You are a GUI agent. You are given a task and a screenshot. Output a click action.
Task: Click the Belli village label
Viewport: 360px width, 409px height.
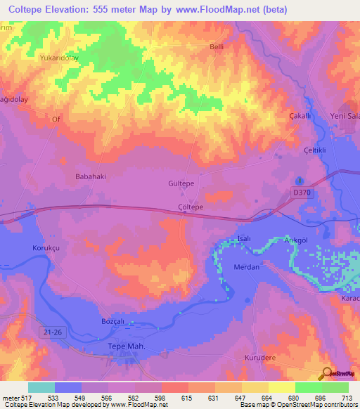click(216, 47)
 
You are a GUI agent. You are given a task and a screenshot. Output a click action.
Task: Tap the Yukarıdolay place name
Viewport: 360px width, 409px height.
click(58, 58)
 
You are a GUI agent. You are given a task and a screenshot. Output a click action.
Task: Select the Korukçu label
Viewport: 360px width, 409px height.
click(46, 248)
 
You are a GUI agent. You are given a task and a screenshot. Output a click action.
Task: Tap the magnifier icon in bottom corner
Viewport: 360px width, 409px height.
click(325, 372)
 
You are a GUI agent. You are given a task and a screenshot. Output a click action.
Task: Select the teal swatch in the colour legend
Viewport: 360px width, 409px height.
click(41, 387)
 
